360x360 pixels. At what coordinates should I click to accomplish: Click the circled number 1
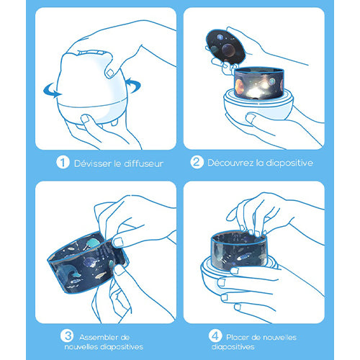tap(63, 162)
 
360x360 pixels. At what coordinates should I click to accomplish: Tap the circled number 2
tap(197, 162)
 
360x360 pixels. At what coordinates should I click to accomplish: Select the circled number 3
tap(67, 336)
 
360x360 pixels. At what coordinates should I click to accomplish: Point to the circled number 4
tap(215, 336)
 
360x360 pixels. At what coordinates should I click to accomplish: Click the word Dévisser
tap(93, 163)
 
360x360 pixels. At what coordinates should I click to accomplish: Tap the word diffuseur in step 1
tap(144, 163)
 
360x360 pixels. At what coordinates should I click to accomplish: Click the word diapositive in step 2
tap(289, 163)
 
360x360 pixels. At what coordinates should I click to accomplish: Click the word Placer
tap(238, 337)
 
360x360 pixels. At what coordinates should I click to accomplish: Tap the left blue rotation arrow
tap(52, 91)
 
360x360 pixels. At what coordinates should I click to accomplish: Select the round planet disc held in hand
tap(225, 47)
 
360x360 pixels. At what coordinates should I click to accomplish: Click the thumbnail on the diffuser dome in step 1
tap(110, 73)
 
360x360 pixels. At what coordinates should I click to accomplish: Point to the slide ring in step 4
tap(238, 250)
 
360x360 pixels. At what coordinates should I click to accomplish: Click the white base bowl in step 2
tap(258, 107)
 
